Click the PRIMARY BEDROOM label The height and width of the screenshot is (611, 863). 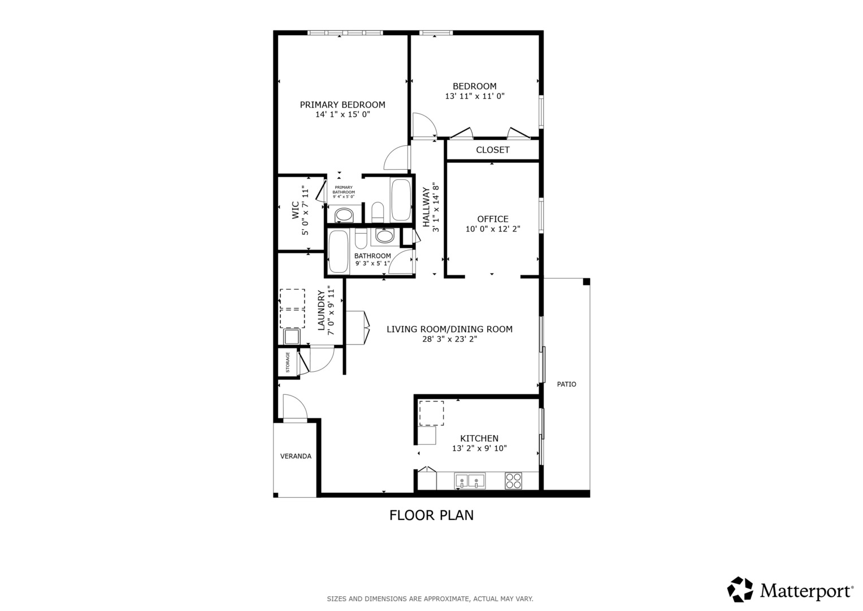342,105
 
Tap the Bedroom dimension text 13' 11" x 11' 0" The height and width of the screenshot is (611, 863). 475,96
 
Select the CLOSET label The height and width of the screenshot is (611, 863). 493,150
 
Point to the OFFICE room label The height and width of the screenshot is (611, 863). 493,219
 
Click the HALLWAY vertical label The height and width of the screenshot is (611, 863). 426,207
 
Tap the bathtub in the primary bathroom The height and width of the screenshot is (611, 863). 401,199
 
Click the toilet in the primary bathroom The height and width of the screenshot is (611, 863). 378,213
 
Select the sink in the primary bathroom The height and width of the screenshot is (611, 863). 344,215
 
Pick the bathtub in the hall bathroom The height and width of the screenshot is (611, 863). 339,251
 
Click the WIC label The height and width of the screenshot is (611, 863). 296,210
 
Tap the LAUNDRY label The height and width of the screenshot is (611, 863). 321,311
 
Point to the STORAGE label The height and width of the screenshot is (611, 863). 288,362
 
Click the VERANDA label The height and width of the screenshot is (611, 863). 296,457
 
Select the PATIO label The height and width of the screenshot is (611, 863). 567,384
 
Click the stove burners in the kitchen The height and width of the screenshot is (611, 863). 513,481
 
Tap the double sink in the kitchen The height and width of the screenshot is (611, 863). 470,481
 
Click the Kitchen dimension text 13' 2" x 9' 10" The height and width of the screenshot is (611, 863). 479,448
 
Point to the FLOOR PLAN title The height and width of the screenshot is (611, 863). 432,515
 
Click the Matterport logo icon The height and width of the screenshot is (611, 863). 740,590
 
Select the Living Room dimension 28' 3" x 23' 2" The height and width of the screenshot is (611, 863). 450,339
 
